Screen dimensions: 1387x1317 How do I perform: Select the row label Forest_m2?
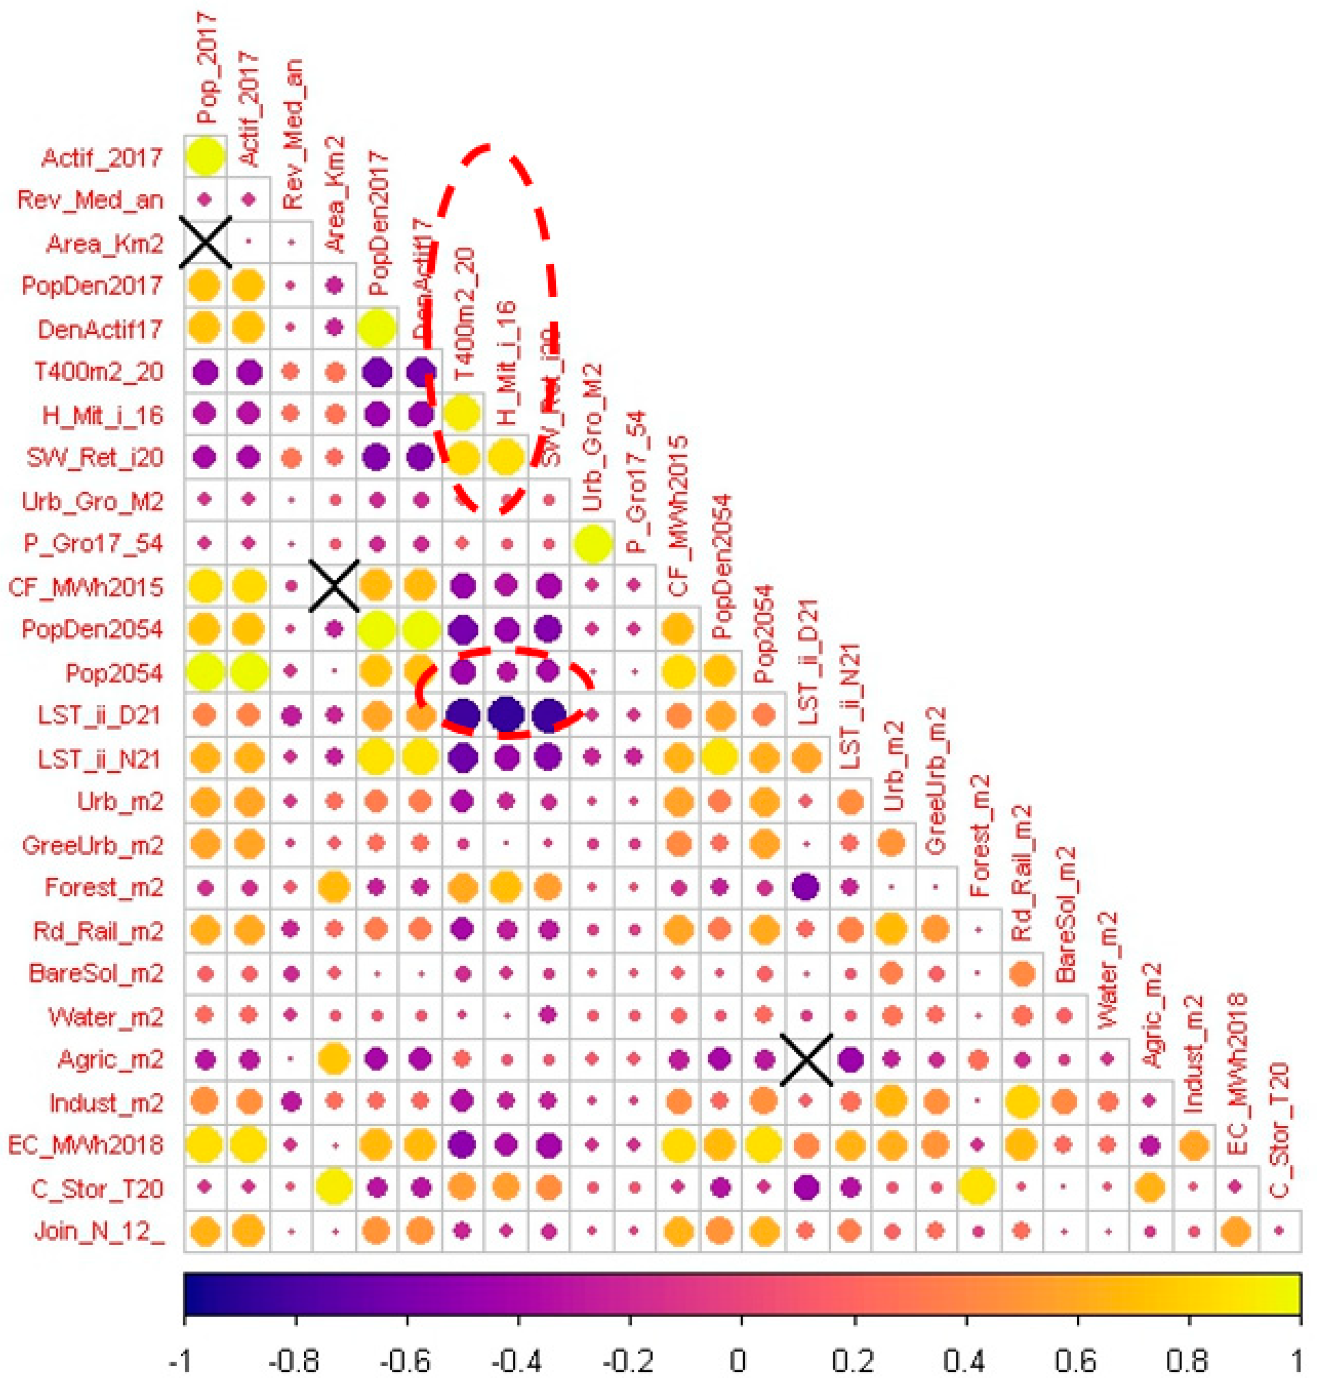104,887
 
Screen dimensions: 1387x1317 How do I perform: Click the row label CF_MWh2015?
86,587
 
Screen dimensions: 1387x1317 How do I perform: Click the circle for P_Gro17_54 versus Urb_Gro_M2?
593,543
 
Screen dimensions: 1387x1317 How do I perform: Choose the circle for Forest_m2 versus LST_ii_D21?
806,887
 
